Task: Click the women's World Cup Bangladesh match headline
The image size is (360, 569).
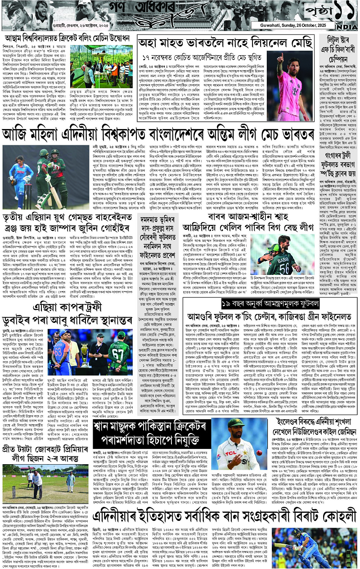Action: pyautogui.click(x=180, y=134)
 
